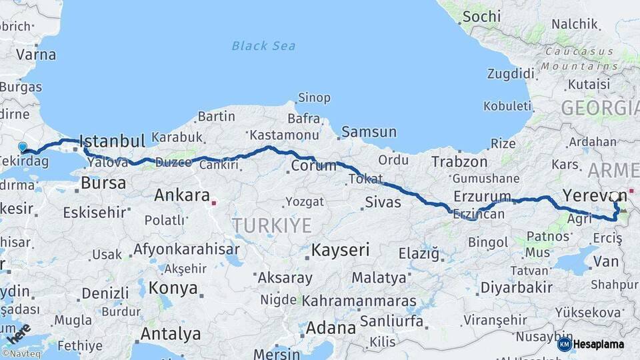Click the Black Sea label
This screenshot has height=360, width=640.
[264, 46]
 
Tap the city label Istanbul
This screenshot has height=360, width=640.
[112, 141]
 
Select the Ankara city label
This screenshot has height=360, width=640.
[182, 195]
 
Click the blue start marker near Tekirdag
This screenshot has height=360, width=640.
[23, 147]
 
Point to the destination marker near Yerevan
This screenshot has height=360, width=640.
[615, 197]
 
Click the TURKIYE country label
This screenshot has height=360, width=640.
[272, 226]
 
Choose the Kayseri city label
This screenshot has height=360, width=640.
[341, 251]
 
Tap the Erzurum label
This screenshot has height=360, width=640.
[482, 196]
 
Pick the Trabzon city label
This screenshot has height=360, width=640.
[459, 161]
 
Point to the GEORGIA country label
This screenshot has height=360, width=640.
[599, 108]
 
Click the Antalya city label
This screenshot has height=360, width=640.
[171, 333]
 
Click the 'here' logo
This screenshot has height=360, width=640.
[19, 333]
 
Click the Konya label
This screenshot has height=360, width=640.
[173, 288]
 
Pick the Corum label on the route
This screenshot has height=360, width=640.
[313, 165]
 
